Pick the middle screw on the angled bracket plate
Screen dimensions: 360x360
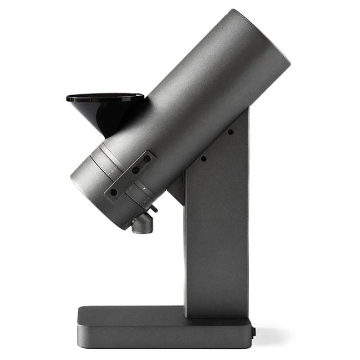(135, 171)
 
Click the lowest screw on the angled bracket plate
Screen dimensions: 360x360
(114, 191)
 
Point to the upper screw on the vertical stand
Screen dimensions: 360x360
(230, 131)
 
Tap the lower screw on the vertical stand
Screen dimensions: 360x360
(203, 158)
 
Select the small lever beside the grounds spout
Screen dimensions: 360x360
(154, 208)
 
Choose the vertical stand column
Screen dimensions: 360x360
(216, 243)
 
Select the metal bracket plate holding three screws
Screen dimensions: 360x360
(130, 176)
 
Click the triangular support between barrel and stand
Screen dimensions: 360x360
(177, 186)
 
